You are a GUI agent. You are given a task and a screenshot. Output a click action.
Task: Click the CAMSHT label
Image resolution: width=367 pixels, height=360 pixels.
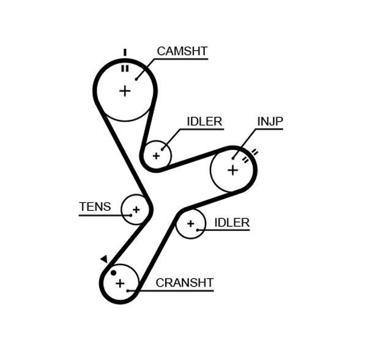[x=182, y=51]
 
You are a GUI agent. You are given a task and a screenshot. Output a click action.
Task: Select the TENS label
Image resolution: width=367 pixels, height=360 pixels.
[x=95, y=207]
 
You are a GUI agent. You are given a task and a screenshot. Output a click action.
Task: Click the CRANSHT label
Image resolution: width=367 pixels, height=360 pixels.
[x=184, y=282]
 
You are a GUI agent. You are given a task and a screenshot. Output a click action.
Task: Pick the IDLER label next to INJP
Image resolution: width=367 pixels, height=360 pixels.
[x=204, y=121]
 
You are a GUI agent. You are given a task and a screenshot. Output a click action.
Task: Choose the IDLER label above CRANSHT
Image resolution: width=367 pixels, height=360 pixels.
[x=232, y=222]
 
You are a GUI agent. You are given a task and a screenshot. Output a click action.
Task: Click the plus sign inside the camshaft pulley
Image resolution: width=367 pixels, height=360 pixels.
[x=125, y=91]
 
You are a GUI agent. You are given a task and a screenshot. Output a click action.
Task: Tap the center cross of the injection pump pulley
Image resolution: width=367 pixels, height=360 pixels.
[x=232, y=169]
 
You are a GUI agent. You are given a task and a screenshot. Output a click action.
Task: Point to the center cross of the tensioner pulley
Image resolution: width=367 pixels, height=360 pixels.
[x=136, y=210]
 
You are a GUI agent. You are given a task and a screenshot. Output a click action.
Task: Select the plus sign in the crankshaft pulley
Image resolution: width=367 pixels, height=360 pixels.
[x=120, y=283]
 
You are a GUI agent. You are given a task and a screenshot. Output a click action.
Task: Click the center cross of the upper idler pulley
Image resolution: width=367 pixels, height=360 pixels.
[x=156, y=155]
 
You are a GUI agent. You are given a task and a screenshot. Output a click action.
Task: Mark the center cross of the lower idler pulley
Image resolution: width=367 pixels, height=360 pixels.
[x=190, y=224]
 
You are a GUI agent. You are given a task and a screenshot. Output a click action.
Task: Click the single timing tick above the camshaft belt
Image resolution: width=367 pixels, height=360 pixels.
[x=124, y=52]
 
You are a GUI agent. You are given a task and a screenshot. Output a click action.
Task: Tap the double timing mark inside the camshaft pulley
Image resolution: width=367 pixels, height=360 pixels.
[x=124, y=68]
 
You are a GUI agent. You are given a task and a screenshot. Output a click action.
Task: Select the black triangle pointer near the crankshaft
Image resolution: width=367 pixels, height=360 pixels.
[x=104, y=259]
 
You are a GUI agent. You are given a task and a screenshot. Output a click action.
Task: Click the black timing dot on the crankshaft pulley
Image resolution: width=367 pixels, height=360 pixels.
[x=113, y=272]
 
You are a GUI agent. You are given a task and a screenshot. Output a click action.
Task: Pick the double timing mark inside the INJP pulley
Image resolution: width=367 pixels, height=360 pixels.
[x=245, y=161]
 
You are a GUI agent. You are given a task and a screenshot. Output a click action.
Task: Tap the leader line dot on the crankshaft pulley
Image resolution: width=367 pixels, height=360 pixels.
[x=128, y=291]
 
